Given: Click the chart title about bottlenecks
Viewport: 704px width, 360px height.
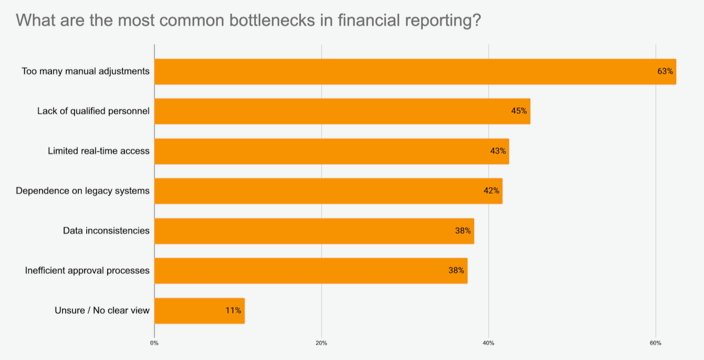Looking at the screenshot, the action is click(248, 20).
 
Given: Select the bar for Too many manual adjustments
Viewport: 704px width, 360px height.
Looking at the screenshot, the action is click(415, 71).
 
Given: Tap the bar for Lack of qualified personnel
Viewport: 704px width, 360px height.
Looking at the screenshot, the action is click(342, 111).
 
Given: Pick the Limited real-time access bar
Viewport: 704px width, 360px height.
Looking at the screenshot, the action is click(332, 151).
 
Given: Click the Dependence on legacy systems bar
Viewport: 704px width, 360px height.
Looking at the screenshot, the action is click(328, 191).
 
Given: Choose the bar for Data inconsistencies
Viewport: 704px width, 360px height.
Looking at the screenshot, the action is click(314, 231).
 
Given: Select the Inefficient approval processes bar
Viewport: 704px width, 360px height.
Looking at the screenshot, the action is click(311, 271).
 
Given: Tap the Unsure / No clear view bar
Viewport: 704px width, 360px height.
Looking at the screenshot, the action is click(200, 311).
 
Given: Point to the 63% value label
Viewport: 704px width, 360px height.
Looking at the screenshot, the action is click(665, 71).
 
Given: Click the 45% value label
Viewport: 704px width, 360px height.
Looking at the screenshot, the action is click(519, 111).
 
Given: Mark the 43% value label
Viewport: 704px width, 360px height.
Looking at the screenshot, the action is click(498, 151).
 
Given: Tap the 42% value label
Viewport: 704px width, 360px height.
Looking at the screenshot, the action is click(491, 191).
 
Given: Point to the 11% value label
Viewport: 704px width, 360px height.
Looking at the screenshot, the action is click(233, 311).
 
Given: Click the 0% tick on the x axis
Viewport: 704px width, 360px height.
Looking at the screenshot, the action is click(154, 344).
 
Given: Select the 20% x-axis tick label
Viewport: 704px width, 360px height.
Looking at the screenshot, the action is click(321, 344).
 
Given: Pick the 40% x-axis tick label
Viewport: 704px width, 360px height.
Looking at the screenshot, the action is click(488, 344).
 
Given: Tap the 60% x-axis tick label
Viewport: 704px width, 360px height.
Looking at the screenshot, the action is click(656, 344).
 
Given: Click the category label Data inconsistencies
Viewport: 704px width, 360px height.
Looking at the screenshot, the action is click(106, 231).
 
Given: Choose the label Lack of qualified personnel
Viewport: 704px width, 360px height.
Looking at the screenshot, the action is click(94, 111).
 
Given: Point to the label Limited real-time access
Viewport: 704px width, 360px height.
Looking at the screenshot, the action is click(98, 151).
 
